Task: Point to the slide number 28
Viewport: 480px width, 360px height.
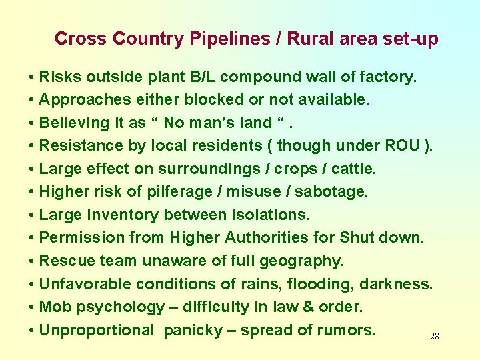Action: pyautogui.click(x=435, y=337)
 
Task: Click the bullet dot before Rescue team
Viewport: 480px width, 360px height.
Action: pyautogui.click(x=32, y=261)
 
